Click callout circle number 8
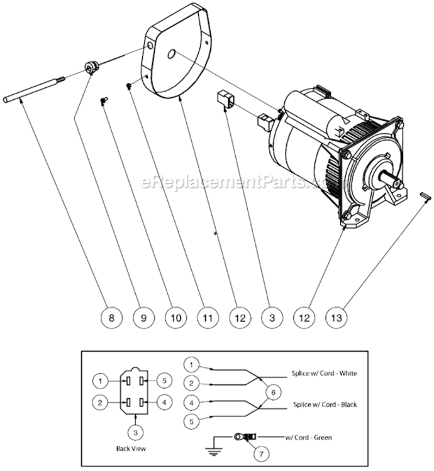(111, 318)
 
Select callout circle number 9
(143, 318)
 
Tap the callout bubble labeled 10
(175, 318)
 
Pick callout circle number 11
(208, 318)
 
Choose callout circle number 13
(337, 318)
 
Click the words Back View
(131, 448)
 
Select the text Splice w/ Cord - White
(323, 373)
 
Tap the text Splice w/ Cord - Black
(323, 405)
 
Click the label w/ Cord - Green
(308, 438)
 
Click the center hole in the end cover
(171, 55)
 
